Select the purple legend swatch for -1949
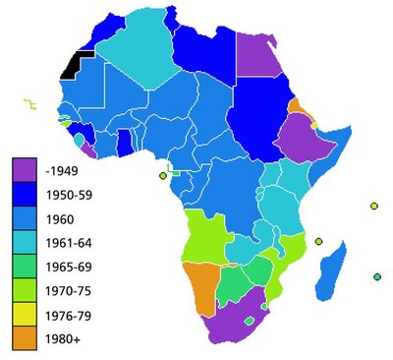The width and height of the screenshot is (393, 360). tap(26, 168)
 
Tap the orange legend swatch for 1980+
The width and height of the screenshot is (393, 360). tap(26, 340)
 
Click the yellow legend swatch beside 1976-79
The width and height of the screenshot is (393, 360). tap(26, 316)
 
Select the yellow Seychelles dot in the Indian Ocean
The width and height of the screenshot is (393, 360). tap(373, 206)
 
